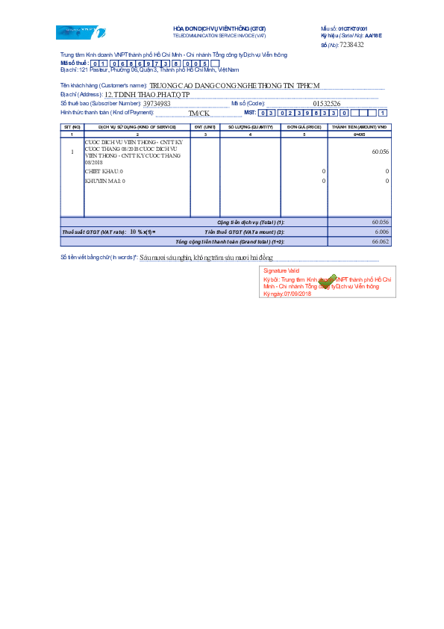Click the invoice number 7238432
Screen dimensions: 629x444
[x=351, y=45]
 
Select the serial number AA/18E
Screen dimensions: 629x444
[x=373, y=35]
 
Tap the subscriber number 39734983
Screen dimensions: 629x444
[x=157, y=104]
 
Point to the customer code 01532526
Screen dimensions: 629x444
[x=327, y=104]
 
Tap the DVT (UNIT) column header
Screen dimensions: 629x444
[x=204, y=128]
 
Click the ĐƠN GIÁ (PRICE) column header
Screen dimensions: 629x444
[x=302, y=128]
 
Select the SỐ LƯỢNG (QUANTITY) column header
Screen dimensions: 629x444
[x=250, y=128]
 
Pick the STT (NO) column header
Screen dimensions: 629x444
[x=72, y=128]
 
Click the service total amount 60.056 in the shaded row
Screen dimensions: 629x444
[x=379, y=223]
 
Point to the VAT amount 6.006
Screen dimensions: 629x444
[x=381, y=232]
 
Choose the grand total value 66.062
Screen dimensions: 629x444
[x=380, y=242]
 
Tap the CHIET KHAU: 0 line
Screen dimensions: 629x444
[x=104, y=171]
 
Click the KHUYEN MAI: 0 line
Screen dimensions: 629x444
[x=105, y=181]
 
